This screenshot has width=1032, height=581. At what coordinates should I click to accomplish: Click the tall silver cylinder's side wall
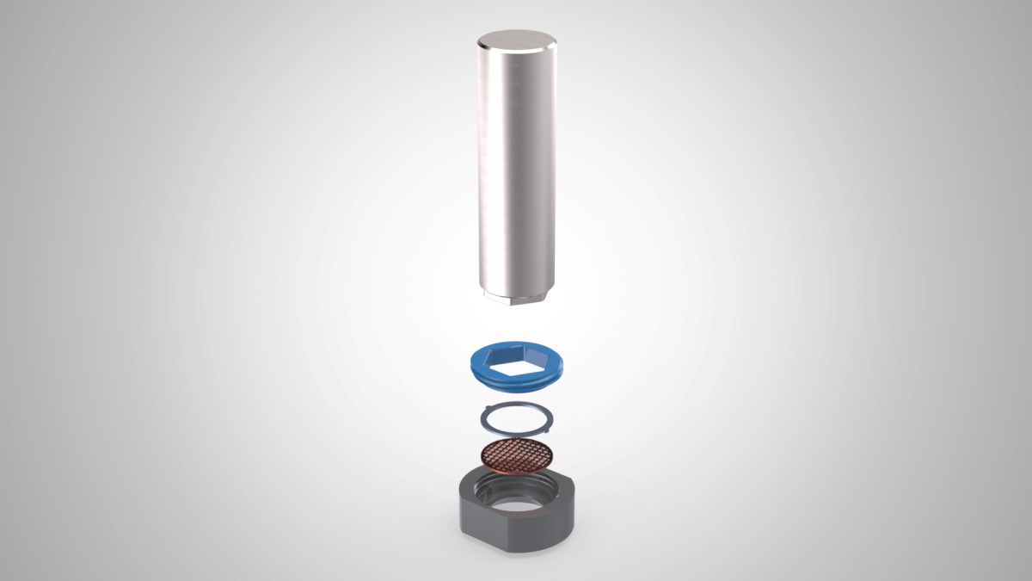pos(515,172)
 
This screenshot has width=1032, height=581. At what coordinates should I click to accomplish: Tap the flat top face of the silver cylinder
pos(515,40)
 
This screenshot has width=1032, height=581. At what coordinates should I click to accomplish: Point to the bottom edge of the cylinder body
pos(515,291)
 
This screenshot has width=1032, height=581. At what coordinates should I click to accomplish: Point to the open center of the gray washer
pos(515,419)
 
